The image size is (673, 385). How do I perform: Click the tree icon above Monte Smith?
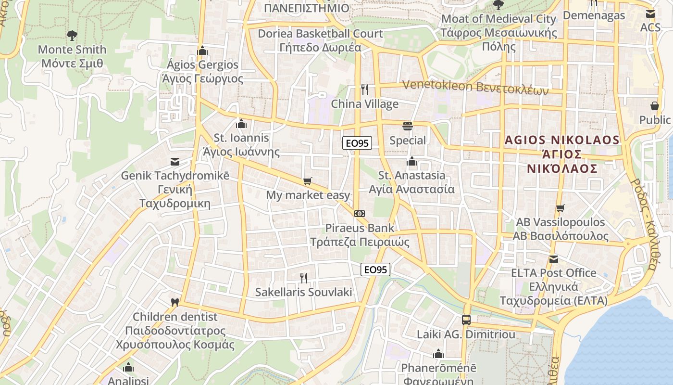[x=72, y=35]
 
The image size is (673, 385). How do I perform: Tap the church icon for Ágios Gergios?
[x=202, y=51]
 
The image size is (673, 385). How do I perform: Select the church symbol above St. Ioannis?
[x=241, y=124]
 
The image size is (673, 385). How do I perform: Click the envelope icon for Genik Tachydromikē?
[x=174, y=162]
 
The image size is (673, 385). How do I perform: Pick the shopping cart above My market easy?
[x=307, y=181]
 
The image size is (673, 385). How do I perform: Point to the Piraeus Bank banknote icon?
[x=359, y=213]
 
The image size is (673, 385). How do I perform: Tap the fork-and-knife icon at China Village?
[x=364, y=90]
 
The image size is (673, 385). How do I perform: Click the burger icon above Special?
[x=408, y=126]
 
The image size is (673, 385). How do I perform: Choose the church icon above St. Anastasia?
[x=411, y=161]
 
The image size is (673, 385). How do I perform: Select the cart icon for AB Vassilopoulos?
[x=560, y=208]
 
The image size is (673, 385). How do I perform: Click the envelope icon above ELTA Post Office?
[x=554, y=259]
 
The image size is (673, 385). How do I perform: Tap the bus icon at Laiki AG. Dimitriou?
[x=466, y=320]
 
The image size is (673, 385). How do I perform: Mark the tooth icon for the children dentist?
[x=175, y=303]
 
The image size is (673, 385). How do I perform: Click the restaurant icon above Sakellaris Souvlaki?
[x=303, y=278]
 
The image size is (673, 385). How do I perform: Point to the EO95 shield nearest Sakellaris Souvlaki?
[x=375, y=269]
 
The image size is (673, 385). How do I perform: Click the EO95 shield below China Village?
[x=357, y=143]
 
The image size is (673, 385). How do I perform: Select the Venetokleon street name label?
[x=475, y=87]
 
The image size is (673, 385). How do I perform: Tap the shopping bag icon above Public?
[x=654, y=105]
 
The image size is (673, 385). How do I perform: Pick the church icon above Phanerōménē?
[x=438, y=354]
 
